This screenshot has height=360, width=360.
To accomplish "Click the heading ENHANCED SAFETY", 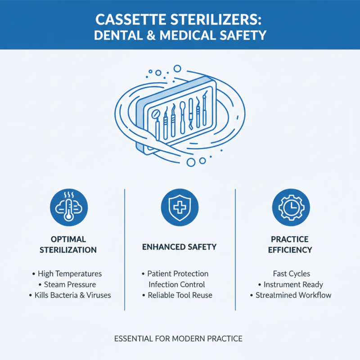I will point(180,247).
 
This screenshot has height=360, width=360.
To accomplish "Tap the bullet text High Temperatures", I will point(70,274).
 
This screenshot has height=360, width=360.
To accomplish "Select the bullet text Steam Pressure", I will point(70,284).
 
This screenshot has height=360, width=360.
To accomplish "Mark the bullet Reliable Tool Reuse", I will point(180,295).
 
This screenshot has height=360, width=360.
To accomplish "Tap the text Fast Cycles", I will point(291,274).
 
